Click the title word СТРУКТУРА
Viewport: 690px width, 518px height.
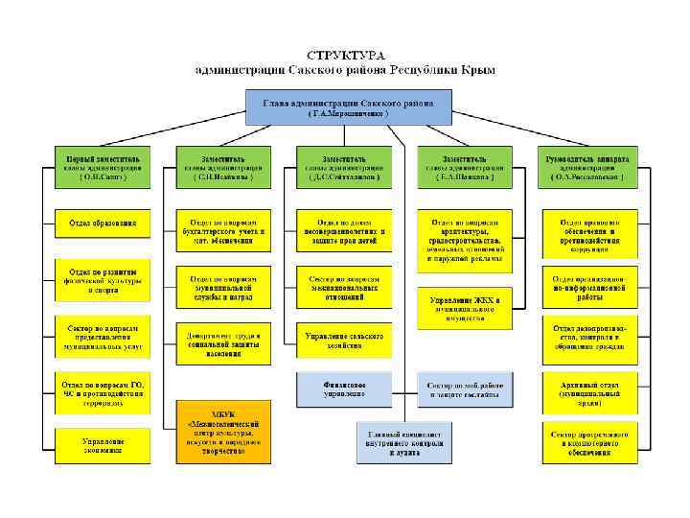click(x=346, y=56)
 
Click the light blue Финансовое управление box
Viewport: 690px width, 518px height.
click(x=345, y=389)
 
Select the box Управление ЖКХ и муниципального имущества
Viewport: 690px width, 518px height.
click(x=464, y=306)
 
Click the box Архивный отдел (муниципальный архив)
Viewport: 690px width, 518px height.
click(x=586, y=389)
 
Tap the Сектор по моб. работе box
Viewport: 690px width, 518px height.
click(x=464, y=389)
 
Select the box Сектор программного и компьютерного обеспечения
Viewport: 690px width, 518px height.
click(x=586, y=444)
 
